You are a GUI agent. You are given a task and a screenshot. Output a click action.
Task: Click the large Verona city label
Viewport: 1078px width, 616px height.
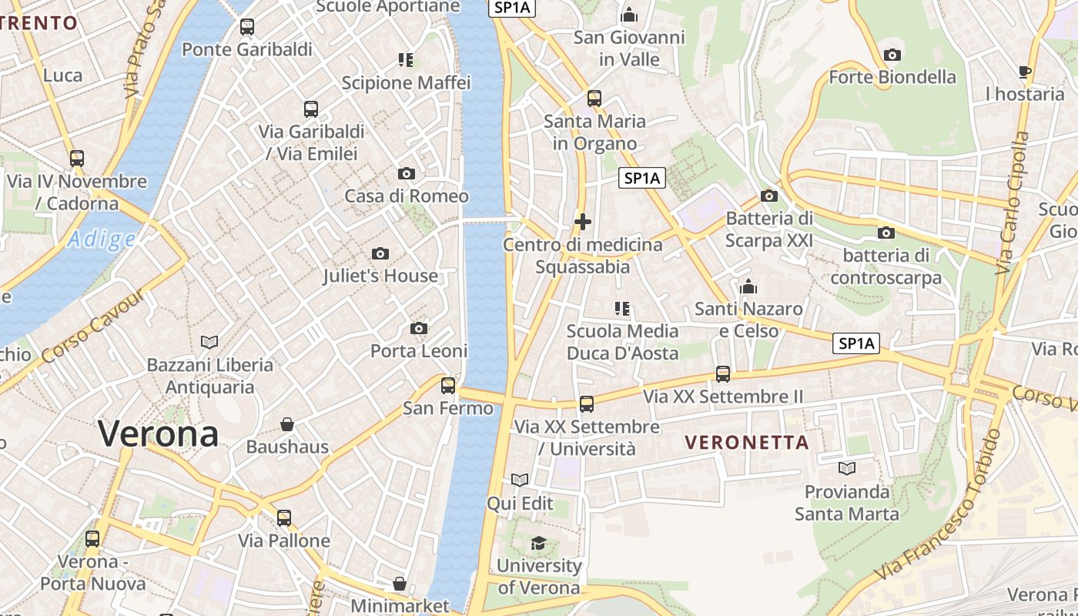coord(158,434)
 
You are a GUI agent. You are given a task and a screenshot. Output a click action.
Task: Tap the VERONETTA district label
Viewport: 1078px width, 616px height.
coord(747,443)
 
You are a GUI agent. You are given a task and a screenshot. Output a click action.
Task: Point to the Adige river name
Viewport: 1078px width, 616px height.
coord(101,239)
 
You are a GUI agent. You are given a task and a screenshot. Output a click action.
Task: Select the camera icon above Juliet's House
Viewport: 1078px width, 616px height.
coord(380,253)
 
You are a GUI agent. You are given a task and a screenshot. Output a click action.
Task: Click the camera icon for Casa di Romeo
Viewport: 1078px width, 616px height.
coord(406,174)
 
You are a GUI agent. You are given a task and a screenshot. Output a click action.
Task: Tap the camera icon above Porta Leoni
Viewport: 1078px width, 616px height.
coord(419,329)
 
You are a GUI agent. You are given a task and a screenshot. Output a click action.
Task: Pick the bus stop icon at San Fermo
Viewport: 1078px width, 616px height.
coord(447,386)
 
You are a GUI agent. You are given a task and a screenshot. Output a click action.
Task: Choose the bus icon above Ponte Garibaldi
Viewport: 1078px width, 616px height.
coord(247,27)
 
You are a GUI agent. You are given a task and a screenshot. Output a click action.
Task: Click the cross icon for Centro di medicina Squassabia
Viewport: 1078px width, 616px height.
coord(583,223)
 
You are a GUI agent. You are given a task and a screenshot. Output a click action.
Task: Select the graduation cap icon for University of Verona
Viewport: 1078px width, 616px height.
coord(538,544)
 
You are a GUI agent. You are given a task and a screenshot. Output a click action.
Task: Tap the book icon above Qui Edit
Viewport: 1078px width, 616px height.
coord(520,480)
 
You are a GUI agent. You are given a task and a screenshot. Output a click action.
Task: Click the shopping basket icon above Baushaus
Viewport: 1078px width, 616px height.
coord(287,424)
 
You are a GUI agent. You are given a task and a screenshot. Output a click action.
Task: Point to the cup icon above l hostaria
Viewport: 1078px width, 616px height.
coord(1024,72)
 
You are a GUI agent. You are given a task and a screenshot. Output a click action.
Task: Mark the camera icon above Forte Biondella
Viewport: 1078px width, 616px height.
coord(892,55)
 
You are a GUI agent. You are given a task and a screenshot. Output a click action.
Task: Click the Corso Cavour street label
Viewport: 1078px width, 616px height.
coord(94,326)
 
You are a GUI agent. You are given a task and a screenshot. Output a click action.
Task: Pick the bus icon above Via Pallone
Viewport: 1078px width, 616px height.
coord(284,518)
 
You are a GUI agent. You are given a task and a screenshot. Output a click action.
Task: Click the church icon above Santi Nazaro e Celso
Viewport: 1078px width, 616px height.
coord(748,287)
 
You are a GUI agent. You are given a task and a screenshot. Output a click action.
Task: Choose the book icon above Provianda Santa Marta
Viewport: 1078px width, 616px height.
coord(847,468)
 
